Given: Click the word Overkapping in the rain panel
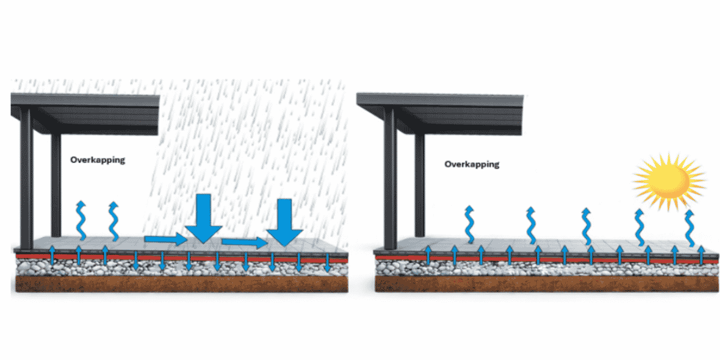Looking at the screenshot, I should click(98, 160).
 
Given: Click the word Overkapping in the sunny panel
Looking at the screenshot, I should click(472, 164).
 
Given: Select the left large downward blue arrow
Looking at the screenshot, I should click(203, 217).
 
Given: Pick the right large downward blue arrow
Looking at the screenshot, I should click(284, 222).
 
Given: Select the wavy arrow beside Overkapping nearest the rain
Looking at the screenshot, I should click(113, 221).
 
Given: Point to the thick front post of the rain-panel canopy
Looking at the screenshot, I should click(26, 180).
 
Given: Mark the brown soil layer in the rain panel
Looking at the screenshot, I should click(180, 283).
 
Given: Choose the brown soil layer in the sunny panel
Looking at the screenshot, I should click(540, 284).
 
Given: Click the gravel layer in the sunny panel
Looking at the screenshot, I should click(540, 269).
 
